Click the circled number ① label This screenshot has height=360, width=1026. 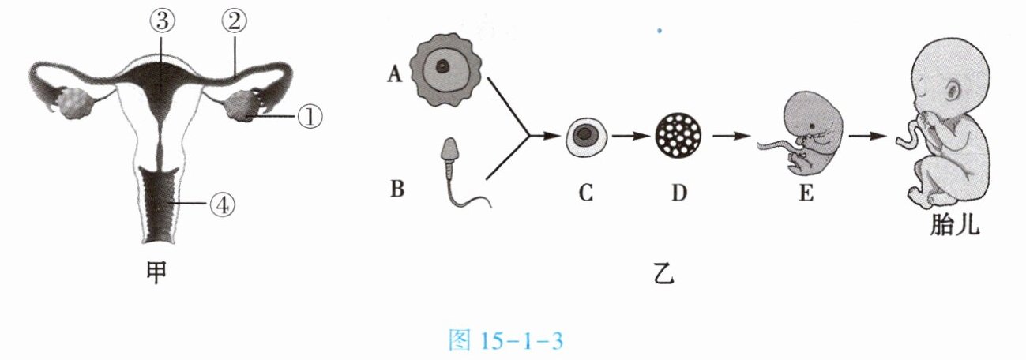[x=310, y=117]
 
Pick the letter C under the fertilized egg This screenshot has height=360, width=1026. [x=585, y=191]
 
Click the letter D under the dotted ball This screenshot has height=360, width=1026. [x=678, y=191]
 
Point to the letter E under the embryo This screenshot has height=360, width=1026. [x=805, y=192]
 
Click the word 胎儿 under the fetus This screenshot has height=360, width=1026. [x=954, y=227]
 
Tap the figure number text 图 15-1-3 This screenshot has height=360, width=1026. [x=505, y=342]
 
